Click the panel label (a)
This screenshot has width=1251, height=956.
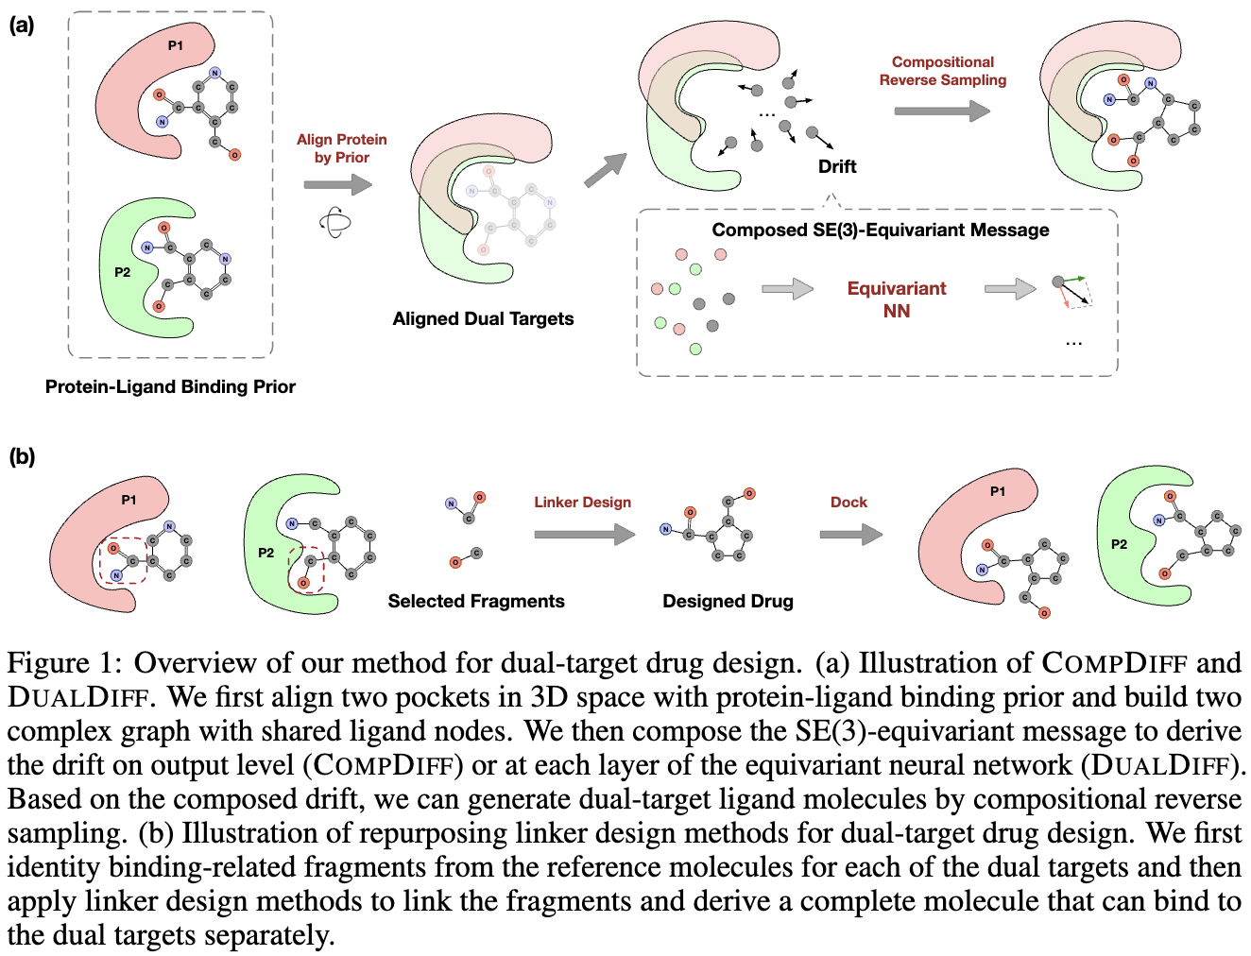21,26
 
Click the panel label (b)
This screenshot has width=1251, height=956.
21,457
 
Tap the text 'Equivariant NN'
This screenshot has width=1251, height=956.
896,299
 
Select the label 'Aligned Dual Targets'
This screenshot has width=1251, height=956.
483,319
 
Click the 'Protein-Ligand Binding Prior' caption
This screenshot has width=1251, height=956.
170,386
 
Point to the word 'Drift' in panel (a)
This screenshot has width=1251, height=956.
837,166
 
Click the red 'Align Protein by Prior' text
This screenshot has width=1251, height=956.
341,148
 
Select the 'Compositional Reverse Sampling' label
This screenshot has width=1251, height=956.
942,71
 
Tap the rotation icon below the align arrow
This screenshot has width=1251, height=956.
335,223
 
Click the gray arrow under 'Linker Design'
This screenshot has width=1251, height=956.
584,535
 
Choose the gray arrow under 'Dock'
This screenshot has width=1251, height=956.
850,535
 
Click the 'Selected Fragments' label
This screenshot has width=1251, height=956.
476,601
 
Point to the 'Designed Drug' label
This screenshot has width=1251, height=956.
728,601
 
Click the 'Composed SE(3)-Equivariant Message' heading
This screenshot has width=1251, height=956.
880,230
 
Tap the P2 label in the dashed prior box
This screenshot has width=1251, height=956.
123,272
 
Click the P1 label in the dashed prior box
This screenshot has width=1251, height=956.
176,45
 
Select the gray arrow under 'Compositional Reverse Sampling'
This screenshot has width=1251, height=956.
941,111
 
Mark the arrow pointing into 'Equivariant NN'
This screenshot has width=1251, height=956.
787,289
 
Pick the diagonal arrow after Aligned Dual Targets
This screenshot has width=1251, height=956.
606,170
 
